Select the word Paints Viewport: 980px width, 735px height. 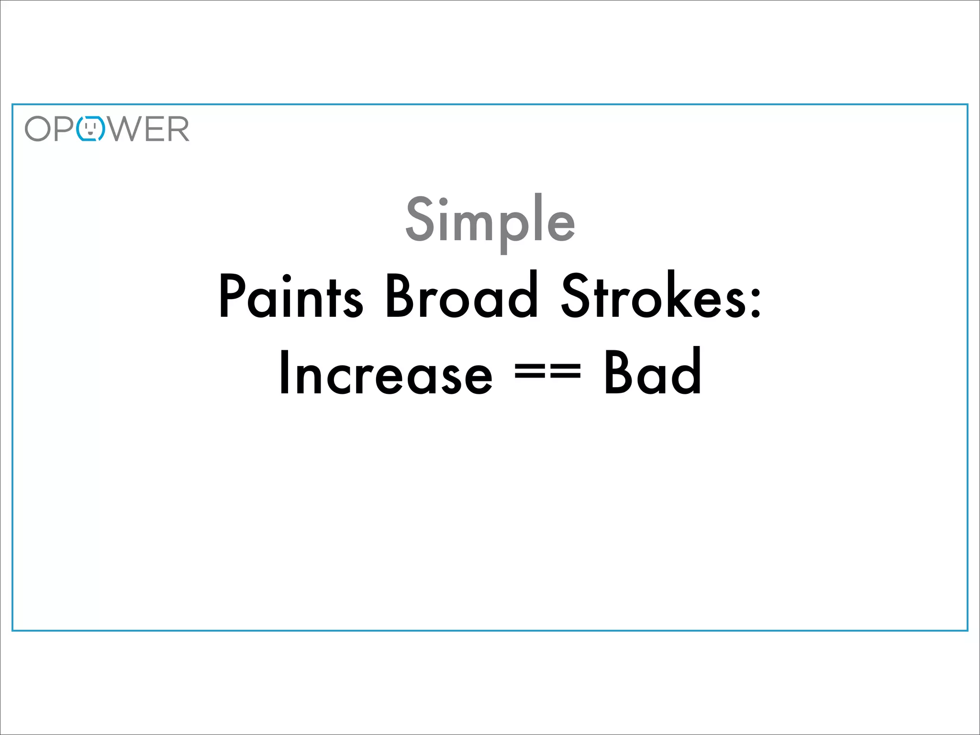(x=290, y=297)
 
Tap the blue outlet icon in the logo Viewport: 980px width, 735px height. (x=91, y=129)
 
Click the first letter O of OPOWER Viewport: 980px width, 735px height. (x=38, y=129)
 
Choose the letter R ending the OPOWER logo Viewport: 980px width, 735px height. (x=178, y=129)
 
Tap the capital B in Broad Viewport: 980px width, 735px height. (x=399, y=297)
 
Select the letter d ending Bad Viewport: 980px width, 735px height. (x=687, y=371)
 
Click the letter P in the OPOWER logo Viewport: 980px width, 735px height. (x=64, y=129)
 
